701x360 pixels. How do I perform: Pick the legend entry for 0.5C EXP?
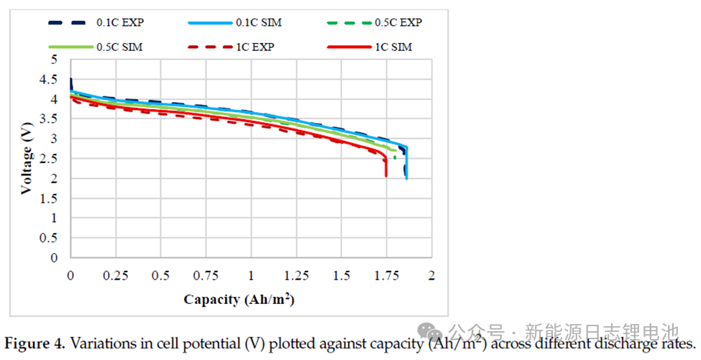pyautogui.click(x=398, y=22)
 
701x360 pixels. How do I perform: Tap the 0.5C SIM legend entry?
pyautogui.click(x=119, y=47)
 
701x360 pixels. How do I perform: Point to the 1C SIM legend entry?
pyautogui.click(x=393, y=47)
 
